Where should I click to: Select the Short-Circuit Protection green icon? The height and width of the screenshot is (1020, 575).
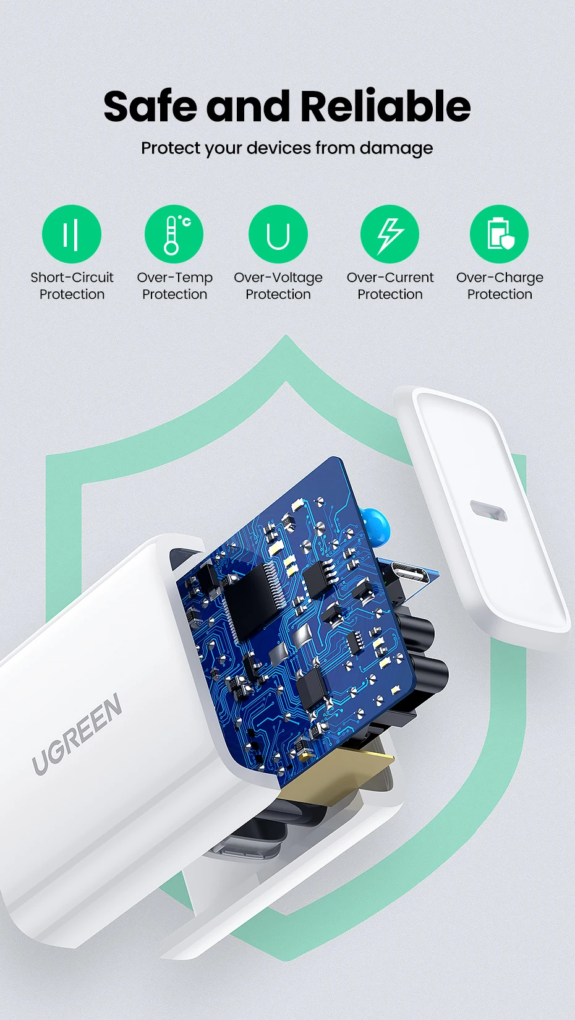[72, 234]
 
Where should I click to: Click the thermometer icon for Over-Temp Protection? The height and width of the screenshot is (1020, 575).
[174, 234]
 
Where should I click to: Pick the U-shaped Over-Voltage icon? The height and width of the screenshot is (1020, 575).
[278, 234]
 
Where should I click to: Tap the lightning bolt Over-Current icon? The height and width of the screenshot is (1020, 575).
[390, 234]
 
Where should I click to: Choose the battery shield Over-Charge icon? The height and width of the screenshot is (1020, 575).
[500, 234]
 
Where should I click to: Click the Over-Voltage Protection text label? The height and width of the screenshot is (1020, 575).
[278, 286]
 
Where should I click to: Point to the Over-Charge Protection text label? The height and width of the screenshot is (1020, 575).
[500, 286]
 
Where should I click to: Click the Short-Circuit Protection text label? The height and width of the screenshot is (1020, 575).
[72, 286]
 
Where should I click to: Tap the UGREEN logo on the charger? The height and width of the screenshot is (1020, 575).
[77, 734]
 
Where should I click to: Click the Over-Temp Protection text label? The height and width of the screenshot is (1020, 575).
[174, 286]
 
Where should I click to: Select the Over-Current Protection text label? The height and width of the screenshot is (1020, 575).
[390, 286]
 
